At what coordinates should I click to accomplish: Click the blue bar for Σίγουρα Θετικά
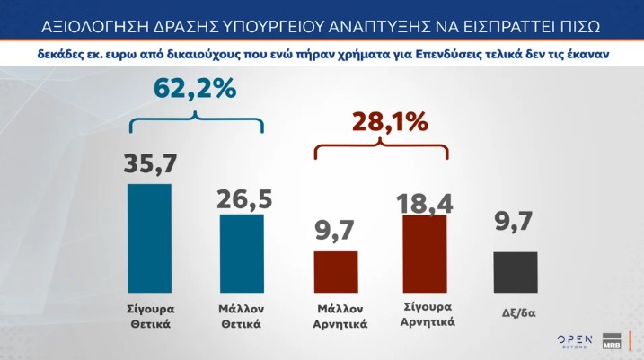(149, 238)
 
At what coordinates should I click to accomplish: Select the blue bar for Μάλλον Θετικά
(242, 253)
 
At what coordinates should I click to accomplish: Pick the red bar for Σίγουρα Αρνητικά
(424, 254)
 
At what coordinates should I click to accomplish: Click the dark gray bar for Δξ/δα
(516, 272)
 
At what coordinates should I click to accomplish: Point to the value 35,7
(149, 164)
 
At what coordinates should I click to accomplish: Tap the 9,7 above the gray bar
(516, 233)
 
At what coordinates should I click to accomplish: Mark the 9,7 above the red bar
(335, 233)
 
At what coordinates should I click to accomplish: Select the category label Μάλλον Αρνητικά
(336, 316)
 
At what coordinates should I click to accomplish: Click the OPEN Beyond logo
(575, 340)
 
